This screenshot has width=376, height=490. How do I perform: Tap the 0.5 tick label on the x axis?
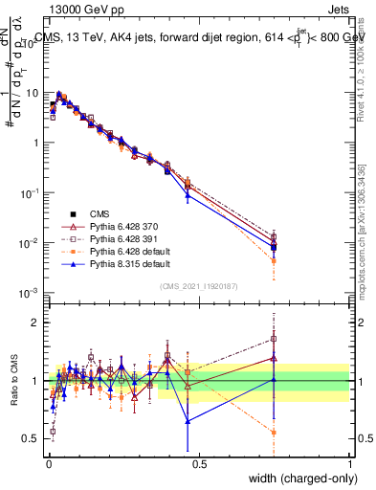(x=199, y=462)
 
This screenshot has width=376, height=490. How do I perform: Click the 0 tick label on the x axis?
(x=49, y=462)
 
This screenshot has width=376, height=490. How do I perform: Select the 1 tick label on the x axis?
(x=350, y=462)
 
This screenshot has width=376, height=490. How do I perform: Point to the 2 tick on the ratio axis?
(x=37, y=323)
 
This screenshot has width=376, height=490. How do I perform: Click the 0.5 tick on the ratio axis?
(x=33, y=438)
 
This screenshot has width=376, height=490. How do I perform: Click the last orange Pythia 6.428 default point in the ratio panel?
(x=275, y=433)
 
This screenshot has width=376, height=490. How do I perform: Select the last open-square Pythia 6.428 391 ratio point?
(x=275, y=338)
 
